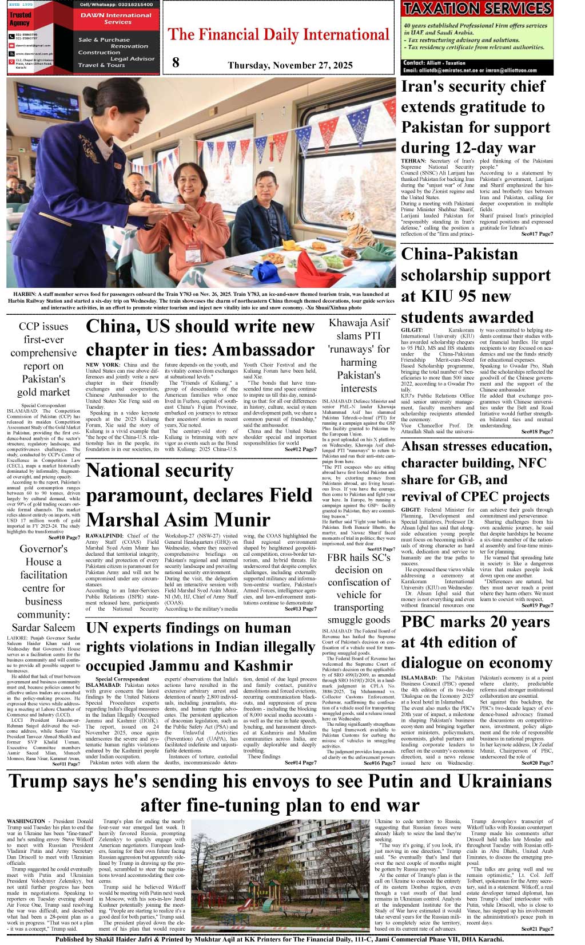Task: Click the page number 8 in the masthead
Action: pos(176,62)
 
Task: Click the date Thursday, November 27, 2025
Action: pos(290,65)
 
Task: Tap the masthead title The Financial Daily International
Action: pos(278,35)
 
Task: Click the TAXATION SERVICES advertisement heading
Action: pos(476,9)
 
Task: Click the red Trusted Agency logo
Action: pos(20,18)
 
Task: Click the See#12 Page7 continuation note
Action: pos(300,449)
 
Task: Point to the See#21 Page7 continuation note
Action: pos(536,928)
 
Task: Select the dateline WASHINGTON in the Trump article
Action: pos(26,821)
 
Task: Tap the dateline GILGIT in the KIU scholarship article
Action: pos(412,330)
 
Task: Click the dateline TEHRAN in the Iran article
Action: pos(413,161)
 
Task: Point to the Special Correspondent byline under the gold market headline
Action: pos(43,405)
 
